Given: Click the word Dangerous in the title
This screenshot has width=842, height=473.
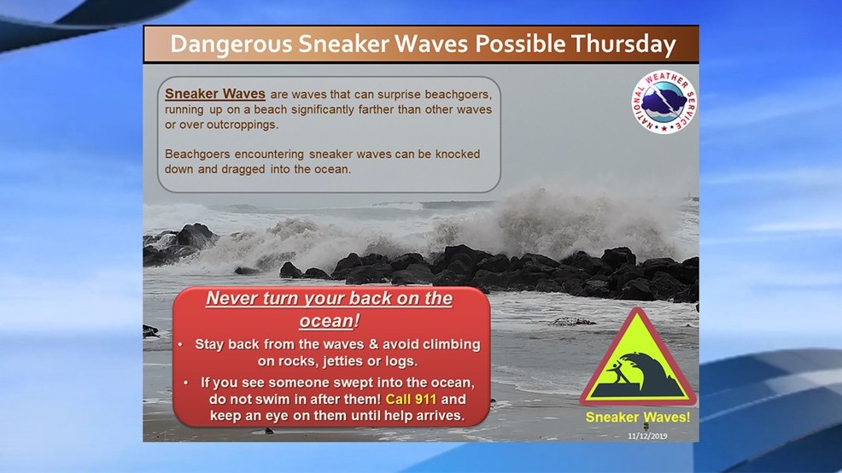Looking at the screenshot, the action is (x=231, y=44).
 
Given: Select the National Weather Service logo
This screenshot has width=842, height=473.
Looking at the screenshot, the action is (x=664, y=102).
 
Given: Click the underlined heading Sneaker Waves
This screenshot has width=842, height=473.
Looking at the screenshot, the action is (x=215, y=93).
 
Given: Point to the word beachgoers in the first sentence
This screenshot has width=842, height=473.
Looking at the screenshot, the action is (x=458, y=95).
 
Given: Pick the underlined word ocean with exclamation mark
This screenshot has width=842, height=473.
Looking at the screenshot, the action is (x=329, y=321).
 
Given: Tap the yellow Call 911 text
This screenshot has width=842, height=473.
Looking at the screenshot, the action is (x=411, y=400).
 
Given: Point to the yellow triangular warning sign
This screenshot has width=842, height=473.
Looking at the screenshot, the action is (x=638, y=359).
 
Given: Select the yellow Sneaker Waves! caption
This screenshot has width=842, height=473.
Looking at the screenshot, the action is (x=638, y=418).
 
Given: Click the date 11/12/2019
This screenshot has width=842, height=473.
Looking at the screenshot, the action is (x=647, y=436).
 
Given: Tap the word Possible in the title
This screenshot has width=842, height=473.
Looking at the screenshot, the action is (x=520, y=44).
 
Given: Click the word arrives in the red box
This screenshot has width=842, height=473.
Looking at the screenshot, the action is (x=441, y=416).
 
